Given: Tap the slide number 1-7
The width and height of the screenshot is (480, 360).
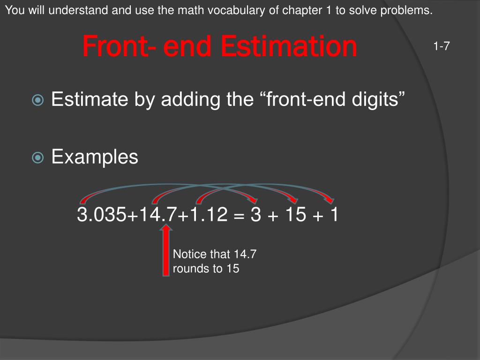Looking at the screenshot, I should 442,46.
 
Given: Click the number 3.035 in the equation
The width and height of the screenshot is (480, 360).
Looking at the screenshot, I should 101,215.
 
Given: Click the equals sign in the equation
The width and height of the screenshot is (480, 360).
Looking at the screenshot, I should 240,216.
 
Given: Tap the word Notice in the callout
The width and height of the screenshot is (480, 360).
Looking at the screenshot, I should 189,255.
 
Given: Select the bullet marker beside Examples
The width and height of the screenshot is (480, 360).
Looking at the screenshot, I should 37,157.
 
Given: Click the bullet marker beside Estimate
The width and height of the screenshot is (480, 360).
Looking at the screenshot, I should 37,100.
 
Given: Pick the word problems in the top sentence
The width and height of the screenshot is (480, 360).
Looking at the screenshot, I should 410,11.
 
